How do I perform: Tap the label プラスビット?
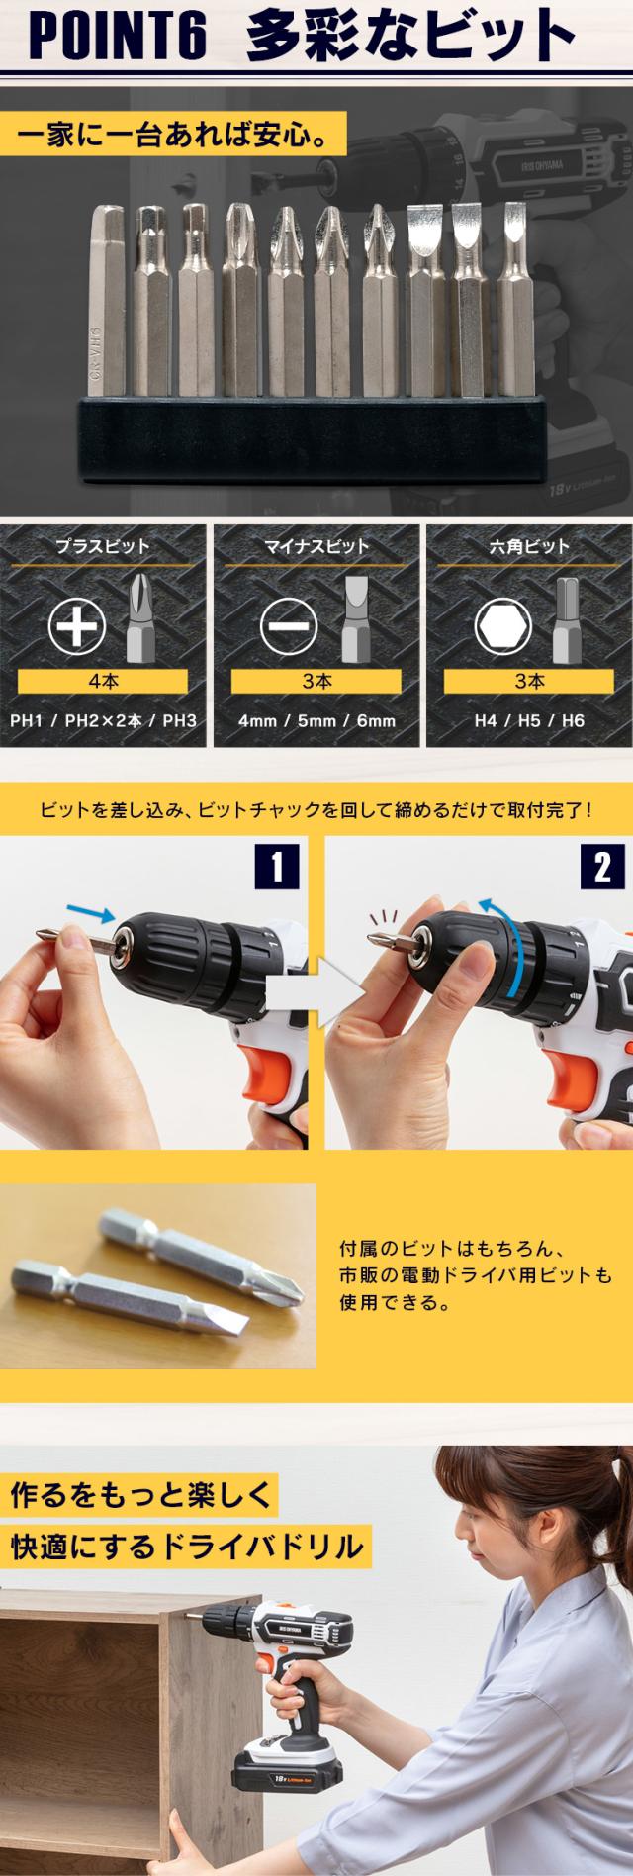coord(103,545)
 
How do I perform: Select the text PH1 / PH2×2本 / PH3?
coord(103,720)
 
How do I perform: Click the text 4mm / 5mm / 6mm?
coord(316,720)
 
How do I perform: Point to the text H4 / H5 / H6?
coord(529,720)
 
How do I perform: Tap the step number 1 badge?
coord(278,868)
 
